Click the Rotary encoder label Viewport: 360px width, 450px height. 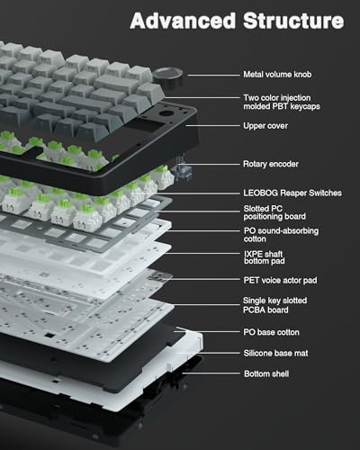tap(271, 164)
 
